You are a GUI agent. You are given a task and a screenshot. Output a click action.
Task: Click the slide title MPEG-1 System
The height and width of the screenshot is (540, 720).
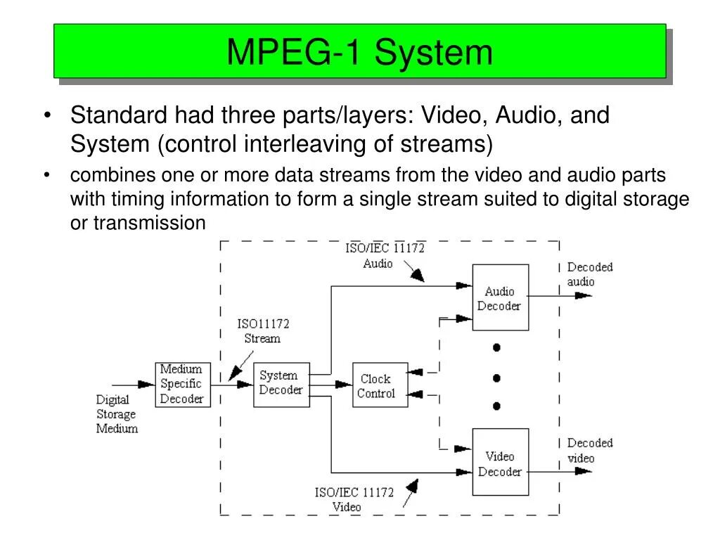(359, 52)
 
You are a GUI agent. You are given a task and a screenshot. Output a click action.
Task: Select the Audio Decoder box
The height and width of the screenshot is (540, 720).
(500, 298)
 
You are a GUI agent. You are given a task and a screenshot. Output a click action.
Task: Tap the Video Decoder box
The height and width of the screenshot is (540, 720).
(500, 463)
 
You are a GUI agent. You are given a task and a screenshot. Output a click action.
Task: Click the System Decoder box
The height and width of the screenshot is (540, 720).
(281, 383)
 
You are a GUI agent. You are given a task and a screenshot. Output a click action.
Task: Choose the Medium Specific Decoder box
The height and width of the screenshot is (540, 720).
(181, 384)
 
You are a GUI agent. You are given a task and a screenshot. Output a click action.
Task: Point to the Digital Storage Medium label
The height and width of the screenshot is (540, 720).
(117, 414)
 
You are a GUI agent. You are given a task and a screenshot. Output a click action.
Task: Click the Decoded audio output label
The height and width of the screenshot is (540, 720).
(589, 274)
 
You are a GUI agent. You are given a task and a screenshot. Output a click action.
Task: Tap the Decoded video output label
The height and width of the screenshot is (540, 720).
(590, 450)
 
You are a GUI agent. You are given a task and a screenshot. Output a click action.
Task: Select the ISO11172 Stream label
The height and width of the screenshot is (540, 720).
(262, 331)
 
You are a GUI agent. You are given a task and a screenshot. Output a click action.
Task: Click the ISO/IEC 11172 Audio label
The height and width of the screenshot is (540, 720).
(384, 255)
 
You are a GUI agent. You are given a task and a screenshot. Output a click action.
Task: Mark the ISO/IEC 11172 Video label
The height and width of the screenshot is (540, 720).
(354, 499)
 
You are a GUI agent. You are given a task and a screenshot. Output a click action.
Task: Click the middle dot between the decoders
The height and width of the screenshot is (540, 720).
(496, 378)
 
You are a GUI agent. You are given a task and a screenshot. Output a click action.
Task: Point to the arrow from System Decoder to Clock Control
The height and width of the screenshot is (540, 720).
(343, 385)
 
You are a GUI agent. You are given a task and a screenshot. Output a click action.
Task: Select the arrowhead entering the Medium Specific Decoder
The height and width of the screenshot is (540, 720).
(146, 385)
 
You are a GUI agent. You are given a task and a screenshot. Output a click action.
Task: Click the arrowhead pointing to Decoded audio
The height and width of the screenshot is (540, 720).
(583, 295)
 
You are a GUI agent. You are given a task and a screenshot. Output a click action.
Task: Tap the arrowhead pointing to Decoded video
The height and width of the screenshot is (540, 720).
(583, 472)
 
